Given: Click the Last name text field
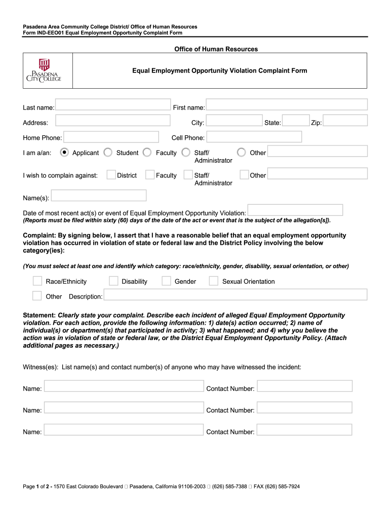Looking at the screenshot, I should coord(113,104).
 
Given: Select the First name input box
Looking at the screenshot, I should coord(287,104).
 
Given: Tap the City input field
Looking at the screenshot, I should coord(235,120).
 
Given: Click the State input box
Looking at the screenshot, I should coord(295,120).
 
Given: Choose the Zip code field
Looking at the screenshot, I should coord(345,120).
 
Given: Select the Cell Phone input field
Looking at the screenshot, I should coord(254,137).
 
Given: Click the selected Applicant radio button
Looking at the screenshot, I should coord(64,152).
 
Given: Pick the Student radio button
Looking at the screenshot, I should coord(108,152).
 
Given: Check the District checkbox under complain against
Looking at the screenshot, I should coord(111,175).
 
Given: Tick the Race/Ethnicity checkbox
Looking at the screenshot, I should coord(37,281).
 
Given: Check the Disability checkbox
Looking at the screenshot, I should coord(113,281).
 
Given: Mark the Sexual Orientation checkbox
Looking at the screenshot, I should coord(214,281).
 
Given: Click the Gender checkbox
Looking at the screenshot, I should coord(166,281).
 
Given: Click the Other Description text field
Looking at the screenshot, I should coord(236,294).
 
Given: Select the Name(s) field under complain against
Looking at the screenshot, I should coord(99,195).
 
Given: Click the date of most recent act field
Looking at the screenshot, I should coord(295,210).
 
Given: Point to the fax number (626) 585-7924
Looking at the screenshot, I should coord(283,487).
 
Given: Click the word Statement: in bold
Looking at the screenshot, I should coord(39,315).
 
